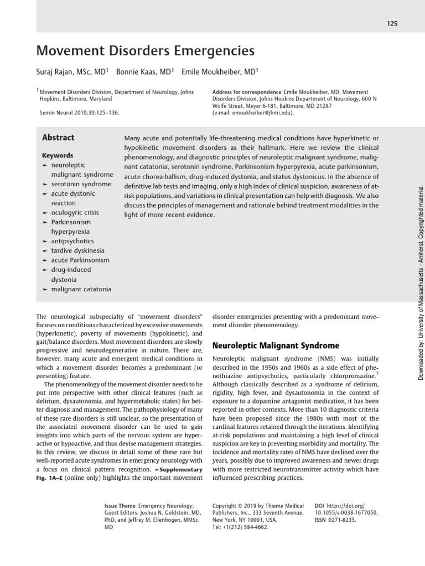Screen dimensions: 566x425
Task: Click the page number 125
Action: (392, 23)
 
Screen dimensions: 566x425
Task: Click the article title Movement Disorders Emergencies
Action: (145, 51)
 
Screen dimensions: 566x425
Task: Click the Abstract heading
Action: (58, 138)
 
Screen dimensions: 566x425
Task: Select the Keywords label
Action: (58, 155)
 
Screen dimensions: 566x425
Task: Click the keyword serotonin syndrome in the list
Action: (81, 184)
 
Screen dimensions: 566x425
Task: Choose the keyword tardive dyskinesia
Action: (77, 250)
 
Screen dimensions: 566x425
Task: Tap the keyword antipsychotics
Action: (72, 241)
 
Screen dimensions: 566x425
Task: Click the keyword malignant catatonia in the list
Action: (81, 289)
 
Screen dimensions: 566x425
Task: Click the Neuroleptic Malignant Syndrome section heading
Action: (276, 345)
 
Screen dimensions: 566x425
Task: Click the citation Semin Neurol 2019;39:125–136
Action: (80, 113)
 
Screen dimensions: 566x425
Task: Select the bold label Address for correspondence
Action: (246, 92)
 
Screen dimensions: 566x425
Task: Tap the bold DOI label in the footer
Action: (319, 506)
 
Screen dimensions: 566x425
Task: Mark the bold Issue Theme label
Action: (120, 506)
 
